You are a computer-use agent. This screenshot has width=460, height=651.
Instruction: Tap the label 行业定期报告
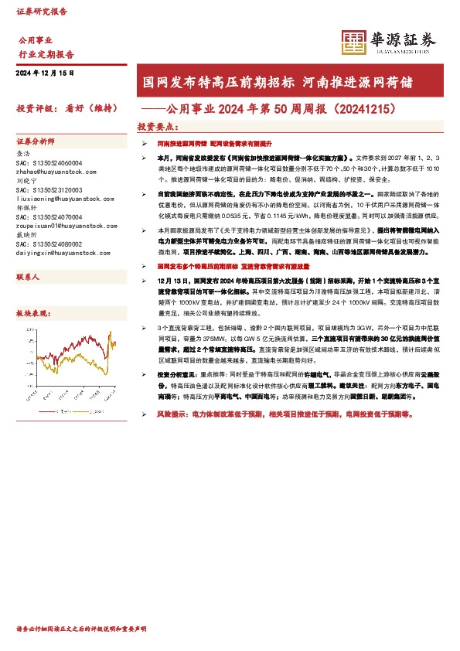46,55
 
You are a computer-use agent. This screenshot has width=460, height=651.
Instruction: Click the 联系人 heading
28,277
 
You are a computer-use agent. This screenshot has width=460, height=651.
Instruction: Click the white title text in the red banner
285,81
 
